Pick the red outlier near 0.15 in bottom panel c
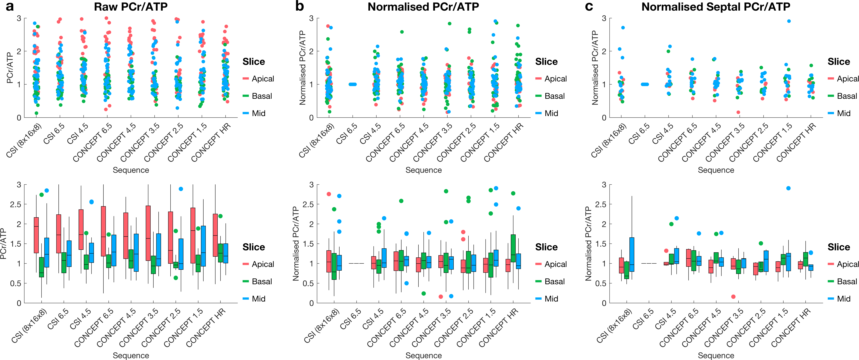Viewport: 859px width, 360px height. (733, 297)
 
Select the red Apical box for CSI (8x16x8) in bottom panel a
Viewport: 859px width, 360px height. (36, 235)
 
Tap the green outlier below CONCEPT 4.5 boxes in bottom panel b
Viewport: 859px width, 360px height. (424, 294)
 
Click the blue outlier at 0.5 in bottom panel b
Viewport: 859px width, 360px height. (406, 283)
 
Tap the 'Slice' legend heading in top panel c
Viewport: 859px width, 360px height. (839, 62)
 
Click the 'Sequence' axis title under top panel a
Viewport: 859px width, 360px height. (131, 170)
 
